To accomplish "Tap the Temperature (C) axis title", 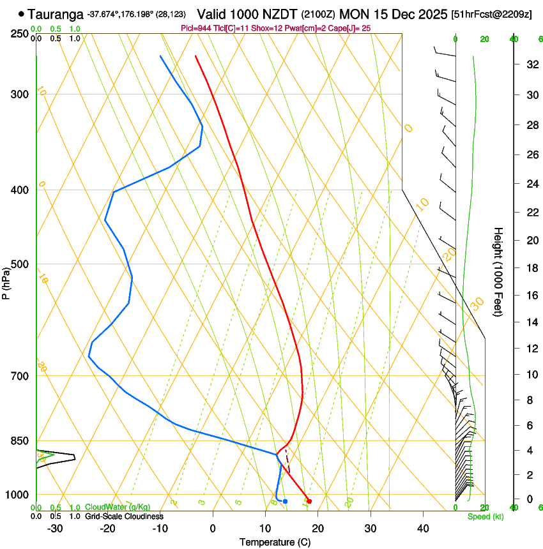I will click(x=275, y=542).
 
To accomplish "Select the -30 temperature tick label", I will click(x=55, y=529).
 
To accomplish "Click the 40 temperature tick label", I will click(x=422, y=529).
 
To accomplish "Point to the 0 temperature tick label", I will click(x=213, y=529).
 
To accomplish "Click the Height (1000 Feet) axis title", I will click(x=498, y=272).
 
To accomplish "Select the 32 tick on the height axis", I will click(x=531, y=64).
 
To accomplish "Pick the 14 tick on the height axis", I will click(x=531, y=323).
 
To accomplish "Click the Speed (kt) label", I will click(x=485, y=516).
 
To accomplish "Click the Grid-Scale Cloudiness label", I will click(x=124, y=516).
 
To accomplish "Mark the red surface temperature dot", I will click(x=309, y=501).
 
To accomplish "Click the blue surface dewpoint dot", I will click(x=285, y=501).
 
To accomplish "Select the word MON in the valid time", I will click(x=354, y=13).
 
